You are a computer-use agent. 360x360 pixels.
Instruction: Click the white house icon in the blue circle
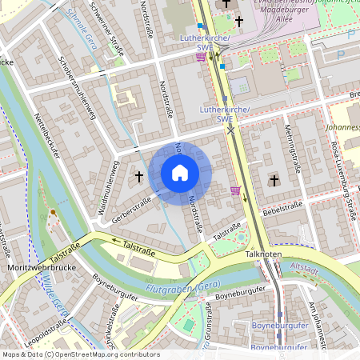(x=180, y=173)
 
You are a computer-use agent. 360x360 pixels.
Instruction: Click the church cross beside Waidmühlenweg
(x=138, y=176)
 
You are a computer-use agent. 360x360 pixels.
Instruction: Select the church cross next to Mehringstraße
(x=274, y=181)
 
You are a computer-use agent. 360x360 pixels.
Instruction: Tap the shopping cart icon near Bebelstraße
(x=234, y=190)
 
